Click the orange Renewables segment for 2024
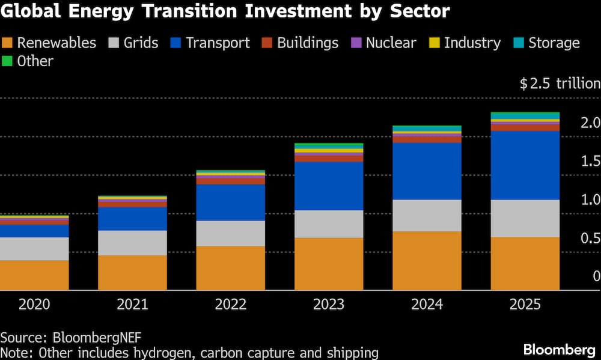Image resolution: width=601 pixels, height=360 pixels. [427, 260]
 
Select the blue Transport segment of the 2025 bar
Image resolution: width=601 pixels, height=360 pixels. [525, 165]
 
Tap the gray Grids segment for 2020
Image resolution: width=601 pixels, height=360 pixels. [34, 248]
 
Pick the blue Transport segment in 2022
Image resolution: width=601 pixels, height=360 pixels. [231, 203]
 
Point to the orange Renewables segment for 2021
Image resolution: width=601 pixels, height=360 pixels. [132, 272]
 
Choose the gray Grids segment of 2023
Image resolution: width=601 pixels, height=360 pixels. [329, 224]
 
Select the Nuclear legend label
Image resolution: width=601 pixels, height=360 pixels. [391, 43]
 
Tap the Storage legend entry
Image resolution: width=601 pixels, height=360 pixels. [554, 43]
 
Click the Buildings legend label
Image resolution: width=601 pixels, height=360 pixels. [308, 43]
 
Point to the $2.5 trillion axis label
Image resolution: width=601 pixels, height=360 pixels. [560, 84]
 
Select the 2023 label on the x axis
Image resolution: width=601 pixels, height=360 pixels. [329, 305]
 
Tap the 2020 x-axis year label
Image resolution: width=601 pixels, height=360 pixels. [34, 305]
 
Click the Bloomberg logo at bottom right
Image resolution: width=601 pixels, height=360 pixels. [559, 349]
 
